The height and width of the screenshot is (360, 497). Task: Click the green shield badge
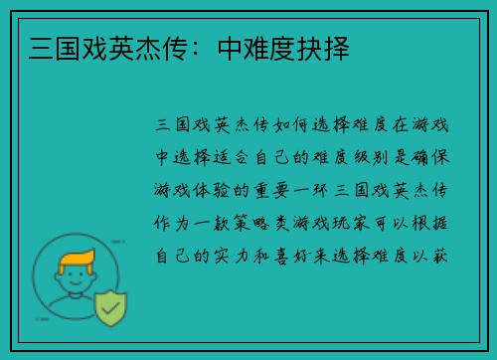pos(110,310)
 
